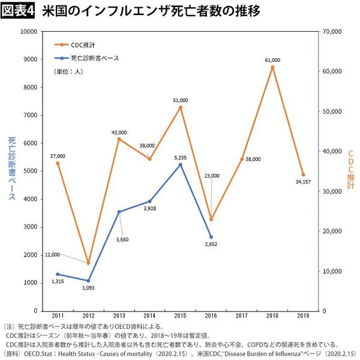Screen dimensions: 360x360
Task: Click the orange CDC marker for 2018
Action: pos(272,67)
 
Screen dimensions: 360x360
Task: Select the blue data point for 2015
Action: pos(180,164)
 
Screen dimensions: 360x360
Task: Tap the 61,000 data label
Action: pos(272,60)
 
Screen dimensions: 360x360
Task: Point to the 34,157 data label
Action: pos(304,182)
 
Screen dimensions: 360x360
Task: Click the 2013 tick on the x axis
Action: pos(119,316)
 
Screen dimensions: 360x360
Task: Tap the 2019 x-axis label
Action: pos(303,316)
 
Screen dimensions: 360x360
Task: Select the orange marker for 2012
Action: pos(88,263)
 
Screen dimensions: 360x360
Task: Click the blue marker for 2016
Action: pos(211,236)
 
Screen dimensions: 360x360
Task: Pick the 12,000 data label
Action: pos(52,255)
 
